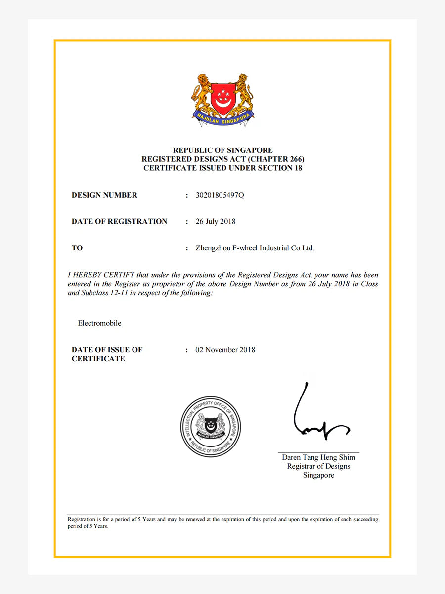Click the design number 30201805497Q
(x=220, y=195)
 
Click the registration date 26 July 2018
(x=216, y=221)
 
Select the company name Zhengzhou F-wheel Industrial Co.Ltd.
(x=255, y=248)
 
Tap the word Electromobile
(x=99, y=323)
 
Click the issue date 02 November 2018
(x=225, y=350)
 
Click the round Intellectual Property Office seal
(x=211, y=426)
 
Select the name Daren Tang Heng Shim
(x=318, y=457)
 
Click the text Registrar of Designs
(x=318, y=466)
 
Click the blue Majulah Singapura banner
(x=223, y=117)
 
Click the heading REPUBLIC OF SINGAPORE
(x=222, y=150)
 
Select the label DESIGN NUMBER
(x=104, y=195)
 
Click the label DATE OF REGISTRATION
(x=119, y=221)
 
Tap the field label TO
(x=77, y=248)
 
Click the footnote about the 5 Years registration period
(x=222, y=523)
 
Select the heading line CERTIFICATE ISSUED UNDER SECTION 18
(x=222, y=168)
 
